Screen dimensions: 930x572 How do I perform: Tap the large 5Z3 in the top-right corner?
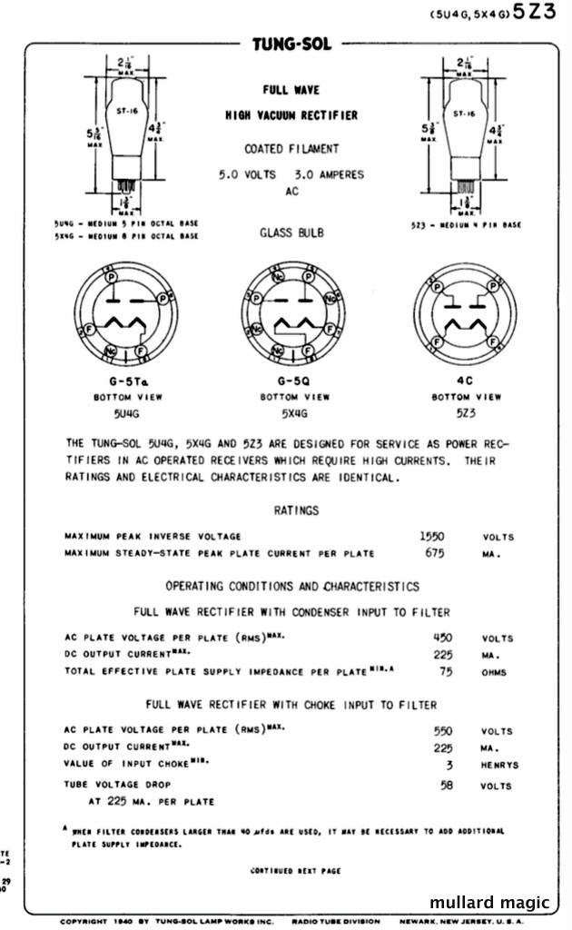pos(536,14)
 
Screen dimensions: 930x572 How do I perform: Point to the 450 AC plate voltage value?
pos(442,638)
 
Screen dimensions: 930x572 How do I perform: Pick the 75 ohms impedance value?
pos(445,671)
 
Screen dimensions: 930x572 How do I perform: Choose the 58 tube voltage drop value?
pos(446,785)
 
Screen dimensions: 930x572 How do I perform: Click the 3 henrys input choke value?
pos(448,764)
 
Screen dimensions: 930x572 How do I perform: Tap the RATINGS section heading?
pos(297,511)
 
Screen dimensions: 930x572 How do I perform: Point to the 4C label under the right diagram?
pos(467,381)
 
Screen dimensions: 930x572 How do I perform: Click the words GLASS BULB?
pos(291,232)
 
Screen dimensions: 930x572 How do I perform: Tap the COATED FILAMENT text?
pos(291,149)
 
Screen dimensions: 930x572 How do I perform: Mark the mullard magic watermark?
pos(489,903)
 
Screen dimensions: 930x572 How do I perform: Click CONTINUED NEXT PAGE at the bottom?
pos(295,870)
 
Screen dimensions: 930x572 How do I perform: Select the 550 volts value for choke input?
pos(444,730)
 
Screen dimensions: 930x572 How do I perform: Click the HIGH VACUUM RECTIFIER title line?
pos(291,115)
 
